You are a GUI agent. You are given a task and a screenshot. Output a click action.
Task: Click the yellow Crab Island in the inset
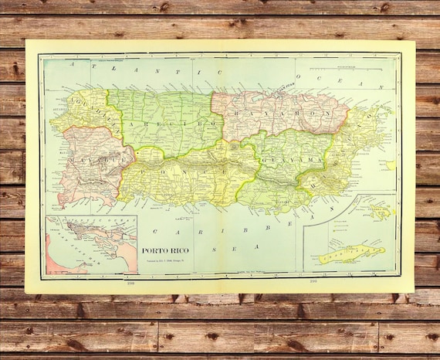[x=351, y=252]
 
